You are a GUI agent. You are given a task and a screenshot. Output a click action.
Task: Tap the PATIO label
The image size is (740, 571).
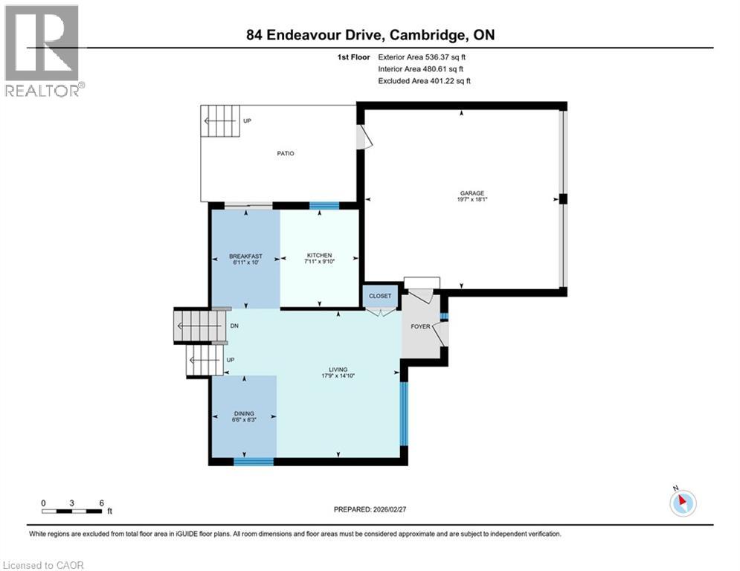coord(286,153)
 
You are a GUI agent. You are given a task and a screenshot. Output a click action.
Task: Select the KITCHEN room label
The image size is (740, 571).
coord(319,256)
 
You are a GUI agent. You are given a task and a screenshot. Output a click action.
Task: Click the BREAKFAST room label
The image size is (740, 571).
coord(245,257)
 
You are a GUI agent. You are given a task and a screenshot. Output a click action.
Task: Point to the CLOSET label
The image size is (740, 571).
coord(380,296)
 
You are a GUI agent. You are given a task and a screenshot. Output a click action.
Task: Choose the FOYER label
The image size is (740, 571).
coord(421,326)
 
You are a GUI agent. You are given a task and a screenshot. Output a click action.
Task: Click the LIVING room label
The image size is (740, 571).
coord(339,370)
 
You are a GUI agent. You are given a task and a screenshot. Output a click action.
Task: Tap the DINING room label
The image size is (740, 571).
coord(244,413)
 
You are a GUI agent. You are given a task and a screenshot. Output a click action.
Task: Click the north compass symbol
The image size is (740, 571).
coord(681,502)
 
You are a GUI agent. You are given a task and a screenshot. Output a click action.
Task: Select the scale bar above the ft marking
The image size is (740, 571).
coord(72,511)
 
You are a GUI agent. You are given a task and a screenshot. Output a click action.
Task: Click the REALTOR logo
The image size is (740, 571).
coord(43,51)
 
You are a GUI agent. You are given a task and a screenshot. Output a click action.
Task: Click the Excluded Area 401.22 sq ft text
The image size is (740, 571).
coord(425,80)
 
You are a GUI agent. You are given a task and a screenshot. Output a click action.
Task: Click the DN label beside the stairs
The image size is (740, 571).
coord(234,326)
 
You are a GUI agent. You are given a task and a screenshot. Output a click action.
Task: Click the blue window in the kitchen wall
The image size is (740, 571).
coord(324,206)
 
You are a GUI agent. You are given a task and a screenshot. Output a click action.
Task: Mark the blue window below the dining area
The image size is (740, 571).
coord(254,462)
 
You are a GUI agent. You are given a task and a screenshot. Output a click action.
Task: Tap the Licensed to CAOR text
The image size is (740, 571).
coord(44,565)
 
